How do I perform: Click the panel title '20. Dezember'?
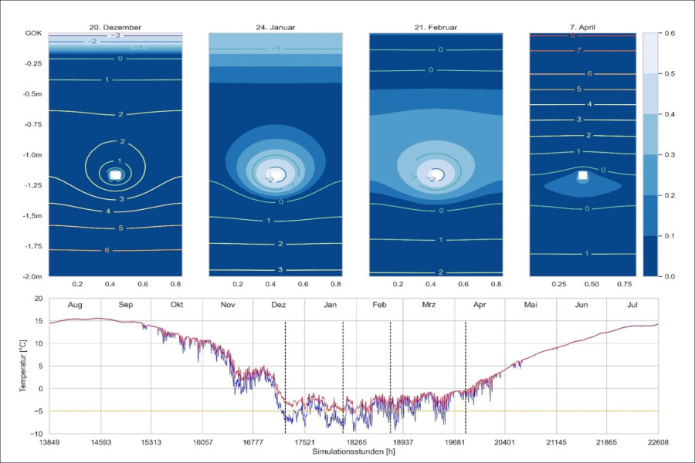pyautogui.click(x=115, y=28)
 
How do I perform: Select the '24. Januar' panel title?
pyautogui.click(x=276, y=28)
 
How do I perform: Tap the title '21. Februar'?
pyautogui.click(x=436, y=28)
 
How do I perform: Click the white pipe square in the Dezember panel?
pyautogui.click(x=115, y=175)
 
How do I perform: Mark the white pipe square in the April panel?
pyautogui.click(x=584, y=176)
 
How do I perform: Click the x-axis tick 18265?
pyautogui.click(x=354, y=444)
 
